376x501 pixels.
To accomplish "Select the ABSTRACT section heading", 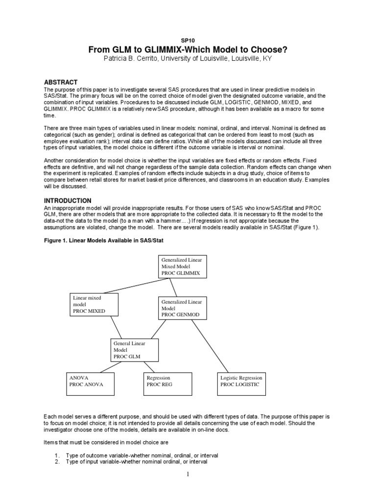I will (x=61, y=82).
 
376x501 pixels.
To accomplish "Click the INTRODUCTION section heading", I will (x=68, y=201).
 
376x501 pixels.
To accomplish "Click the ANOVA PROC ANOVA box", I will (x=90, y=384).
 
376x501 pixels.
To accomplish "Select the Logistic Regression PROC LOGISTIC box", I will (x=241, y=384).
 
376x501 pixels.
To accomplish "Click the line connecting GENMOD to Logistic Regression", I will (x=211, y=346).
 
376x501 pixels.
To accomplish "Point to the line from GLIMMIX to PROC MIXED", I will (x=139, y=285).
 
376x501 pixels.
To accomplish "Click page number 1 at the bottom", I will (x=188, y=474).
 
